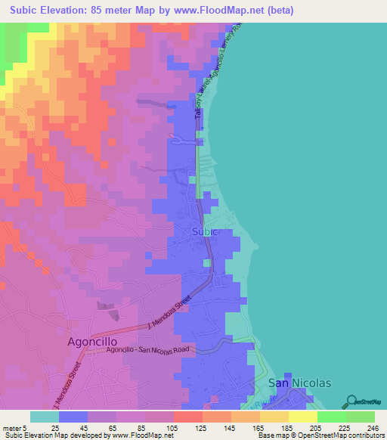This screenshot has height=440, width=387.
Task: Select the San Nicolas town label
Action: (x=300, y=383)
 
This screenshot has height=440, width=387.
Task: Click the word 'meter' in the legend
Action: (x=12, y=428)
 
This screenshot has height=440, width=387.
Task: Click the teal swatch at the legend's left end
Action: (x=45, y=417)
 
